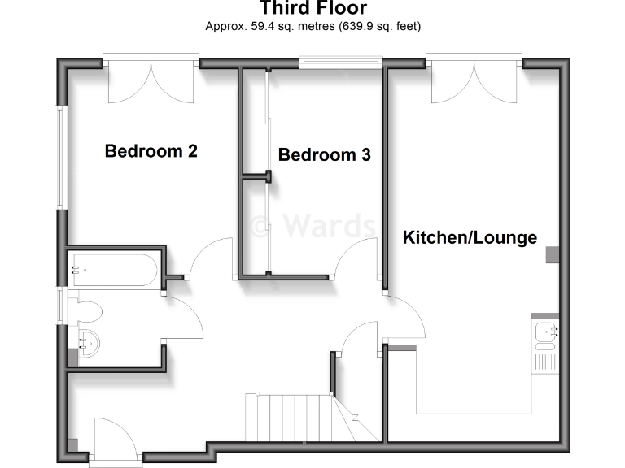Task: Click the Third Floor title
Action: pos(312,9)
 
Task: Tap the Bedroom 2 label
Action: pos(151,151)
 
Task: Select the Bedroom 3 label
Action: pos(324,155)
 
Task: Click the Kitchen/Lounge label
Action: pos(470,237)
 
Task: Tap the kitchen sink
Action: pos(545,331)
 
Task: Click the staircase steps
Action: pos(289,417)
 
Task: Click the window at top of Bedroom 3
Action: pos(340,61)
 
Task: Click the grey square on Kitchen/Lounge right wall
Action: pos(553,255)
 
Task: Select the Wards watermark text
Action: pos(313,223)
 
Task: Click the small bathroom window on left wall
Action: pos(60,304)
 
